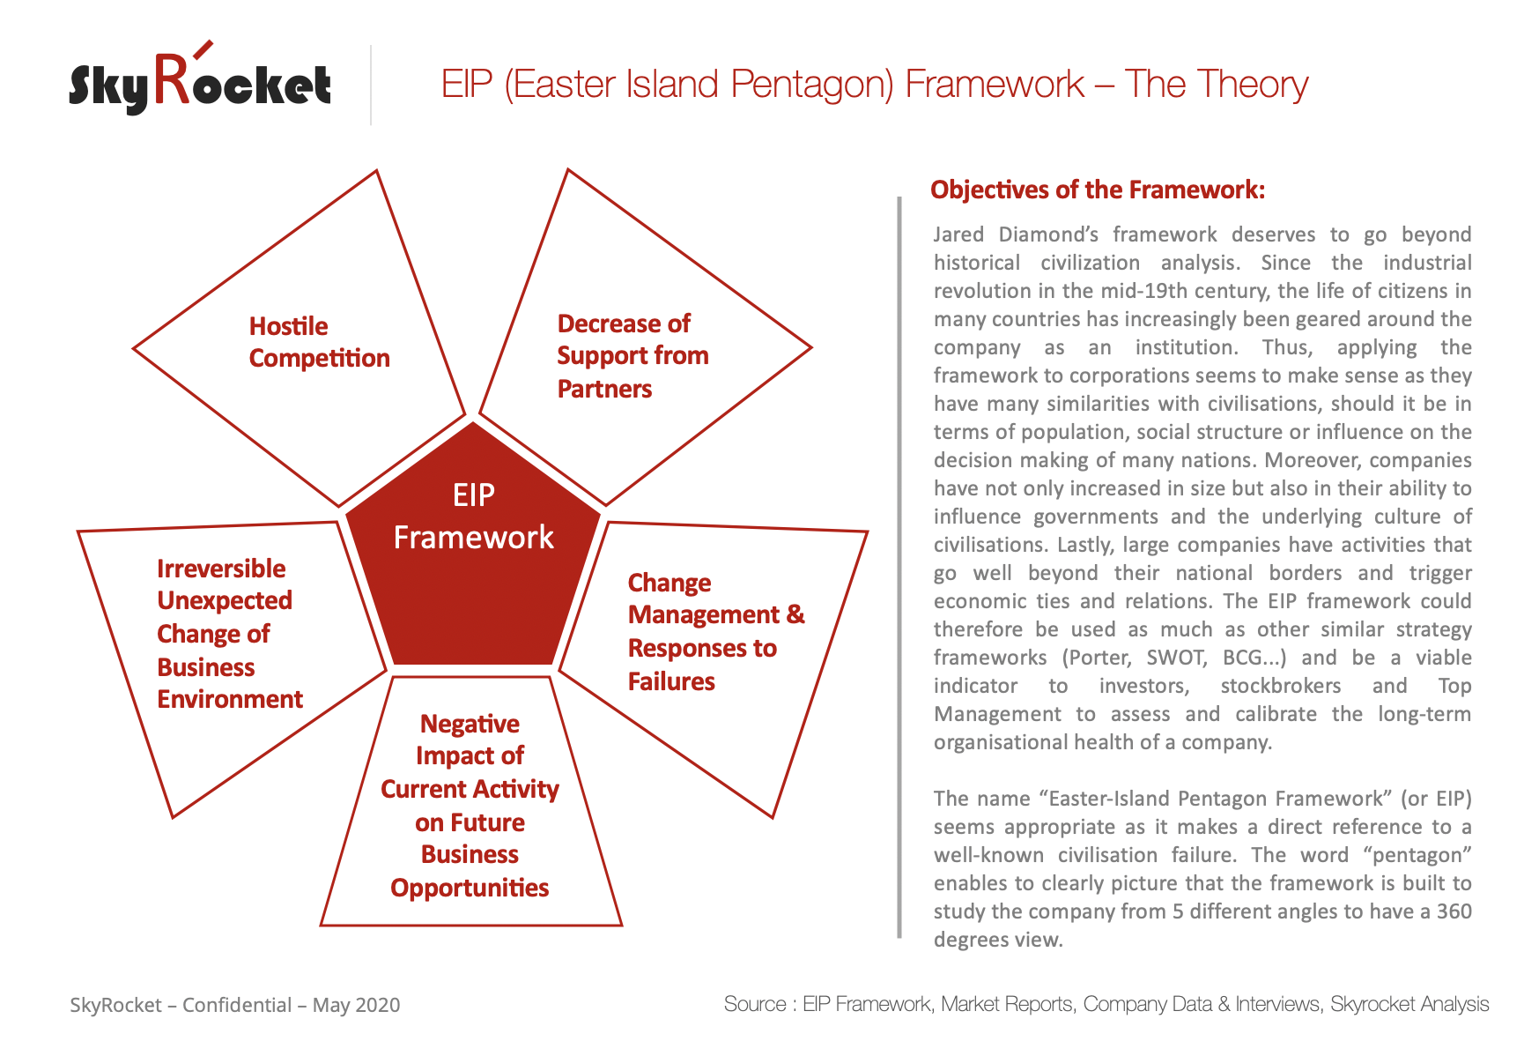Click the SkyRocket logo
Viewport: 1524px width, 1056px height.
pos(200,79)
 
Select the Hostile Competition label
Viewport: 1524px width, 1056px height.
pos(319,342)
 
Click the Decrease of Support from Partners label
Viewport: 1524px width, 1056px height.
pos(633,356)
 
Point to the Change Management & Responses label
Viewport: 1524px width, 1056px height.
pos(716,632)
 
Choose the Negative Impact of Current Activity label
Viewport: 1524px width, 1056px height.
pos(470,806)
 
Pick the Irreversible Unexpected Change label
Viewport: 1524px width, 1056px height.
pos(230,634)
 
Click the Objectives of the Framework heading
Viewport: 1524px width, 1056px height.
pos(1098,190)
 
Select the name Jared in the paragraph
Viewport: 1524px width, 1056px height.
pos(958,234)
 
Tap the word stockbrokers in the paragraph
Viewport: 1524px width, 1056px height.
pos(1281,686)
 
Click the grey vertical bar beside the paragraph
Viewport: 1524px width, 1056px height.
pos(899,568)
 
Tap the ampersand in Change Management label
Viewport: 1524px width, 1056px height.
pos(795,614)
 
